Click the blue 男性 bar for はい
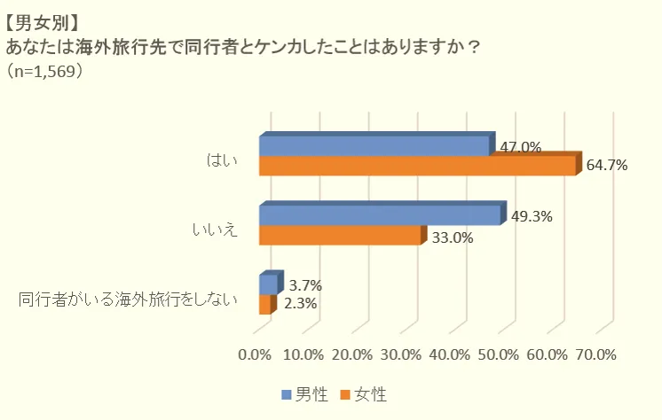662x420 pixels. (373, 146)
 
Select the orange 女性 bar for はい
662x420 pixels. (417, 167)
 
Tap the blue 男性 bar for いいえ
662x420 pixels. (380, 215)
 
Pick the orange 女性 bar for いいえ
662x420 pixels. (339, 236)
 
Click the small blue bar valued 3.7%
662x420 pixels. (268, 284)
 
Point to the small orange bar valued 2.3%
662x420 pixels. (264, 304)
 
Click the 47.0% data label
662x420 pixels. (521, 148)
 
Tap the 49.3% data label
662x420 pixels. (532, 215)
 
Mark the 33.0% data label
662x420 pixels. (452, 237)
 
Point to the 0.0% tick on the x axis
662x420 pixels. (256, 354)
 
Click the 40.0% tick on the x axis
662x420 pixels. (449, 354)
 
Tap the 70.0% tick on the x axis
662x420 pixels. (595, 354)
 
